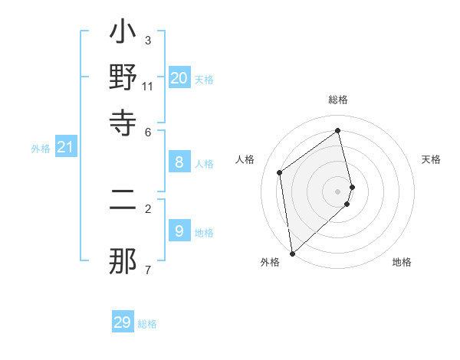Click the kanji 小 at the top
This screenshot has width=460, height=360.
123,35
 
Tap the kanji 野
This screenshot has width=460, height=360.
123,79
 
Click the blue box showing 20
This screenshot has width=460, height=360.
179,78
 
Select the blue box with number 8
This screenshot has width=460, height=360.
179,162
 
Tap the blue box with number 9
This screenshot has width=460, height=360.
179,231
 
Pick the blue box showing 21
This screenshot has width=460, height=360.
64,147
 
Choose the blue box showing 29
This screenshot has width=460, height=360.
123,322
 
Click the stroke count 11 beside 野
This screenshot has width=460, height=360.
148,86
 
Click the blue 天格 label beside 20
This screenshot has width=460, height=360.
204,80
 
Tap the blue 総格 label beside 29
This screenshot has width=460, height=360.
147,324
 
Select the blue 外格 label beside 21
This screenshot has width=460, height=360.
40,149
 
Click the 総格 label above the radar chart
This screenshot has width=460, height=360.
338,100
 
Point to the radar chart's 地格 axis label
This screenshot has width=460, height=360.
402,262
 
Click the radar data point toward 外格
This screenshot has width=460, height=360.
292,253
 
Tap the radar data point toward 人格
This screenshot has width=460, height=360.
280,172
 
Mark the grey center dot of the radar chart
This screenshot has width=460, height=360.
338,191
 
